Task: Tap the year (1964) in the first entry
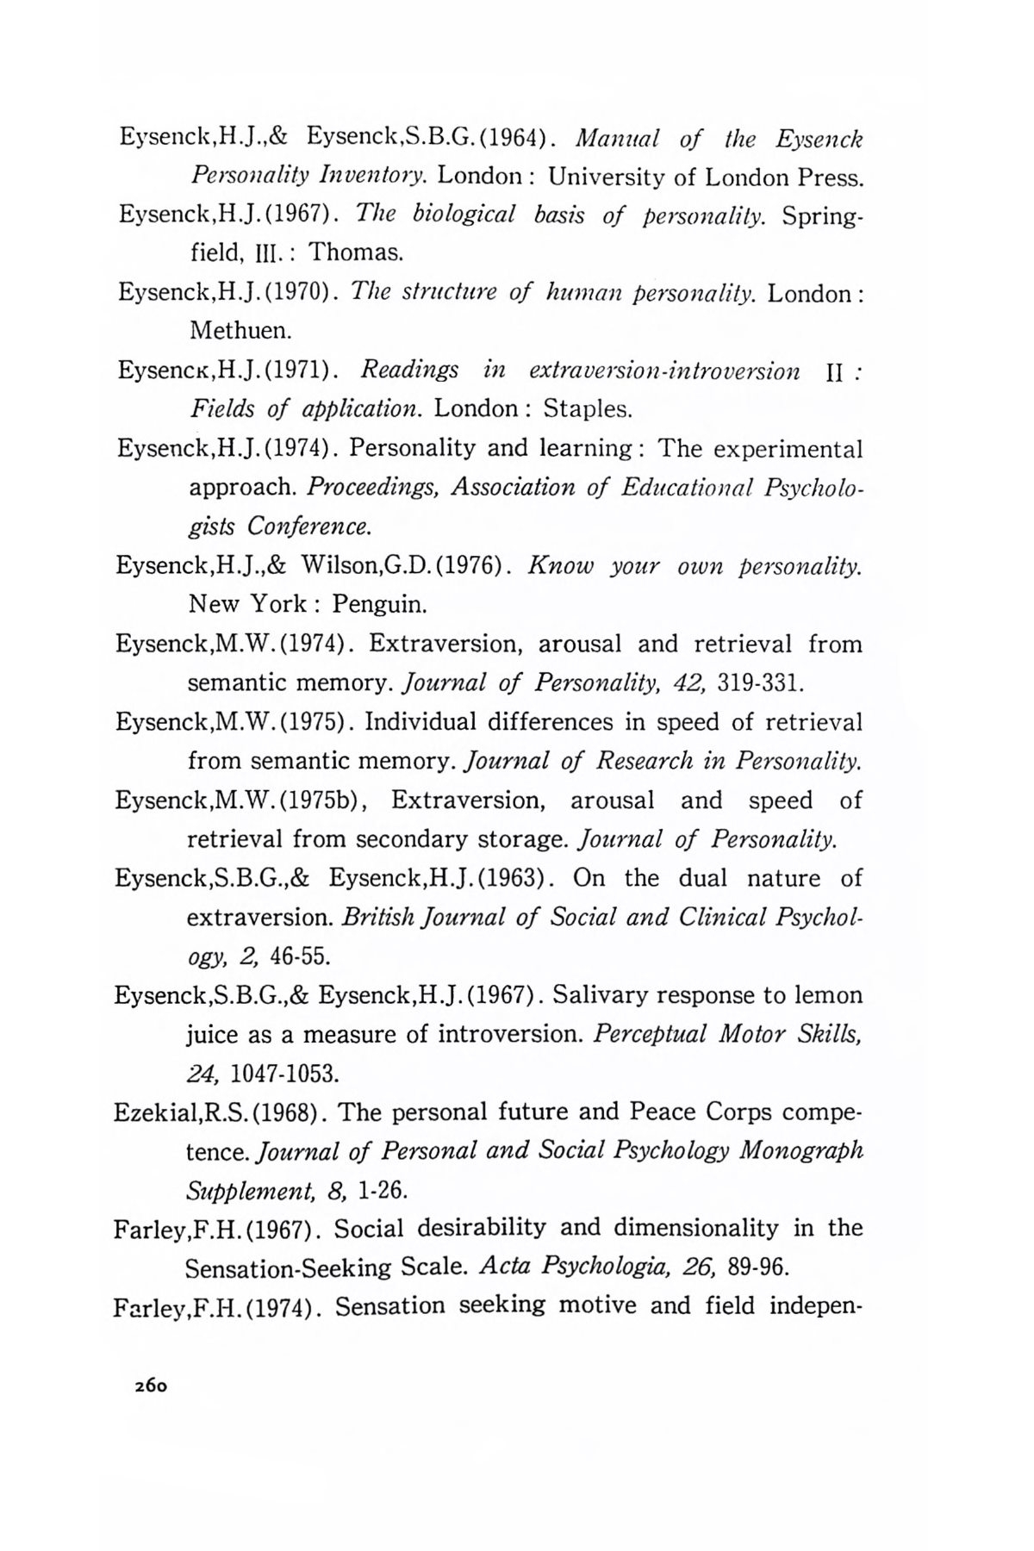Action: point(514,138)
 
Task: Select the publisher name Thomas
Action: point(356,252)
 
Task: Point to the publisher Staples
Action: point(588,408)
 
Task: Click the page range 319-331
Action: point(762,682)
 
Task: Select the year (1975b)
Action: point(325,800)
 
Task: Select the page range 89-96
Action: point(758,1268)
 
